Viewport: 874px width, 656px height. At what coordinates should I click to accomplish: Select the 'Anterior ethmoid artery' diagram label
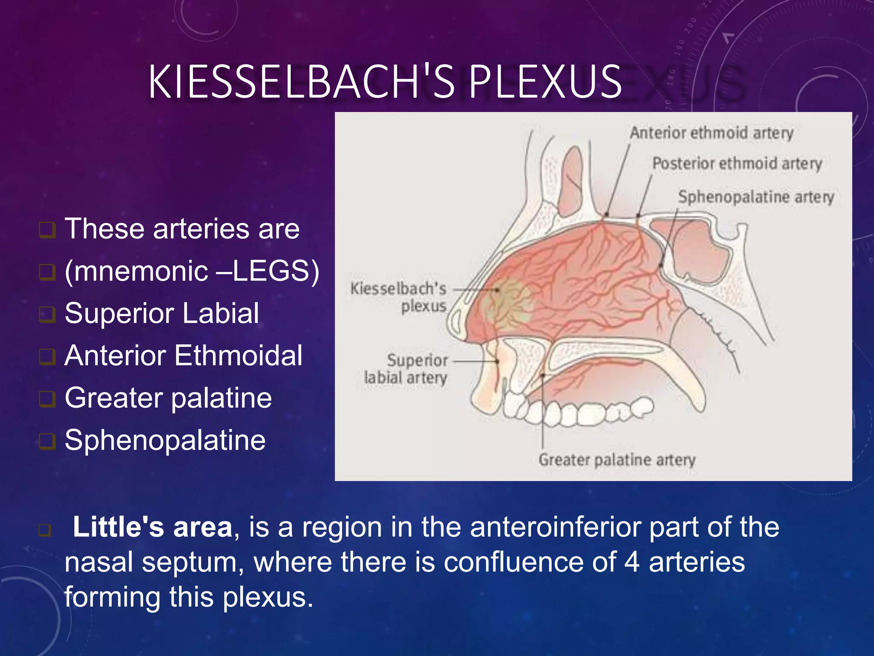[x=711, y=133]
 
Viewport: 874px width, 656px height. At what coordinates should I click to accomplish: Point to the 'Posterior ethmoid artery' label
[x=737, y=164]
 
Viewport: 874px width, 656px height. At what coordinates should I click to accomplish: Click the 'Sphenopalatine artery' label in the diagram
[x=756, y=197]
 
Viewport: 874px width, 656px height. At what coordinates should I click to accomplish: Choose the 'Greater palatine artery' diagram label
[x=617, y=460]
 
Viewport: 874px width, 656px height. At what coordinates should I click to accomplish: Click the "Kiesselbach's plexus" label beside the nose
[x=399, y=297]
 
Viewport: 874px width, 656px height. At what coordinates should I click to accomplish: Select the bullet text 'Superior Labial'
[x=162, y=313]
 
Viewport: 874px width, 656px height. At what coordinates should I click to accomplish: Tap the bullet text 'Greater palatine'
[x=168, y=398]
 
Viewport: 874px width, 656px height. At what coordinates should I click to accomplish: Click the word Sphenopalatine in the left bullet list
[x=165, y=440]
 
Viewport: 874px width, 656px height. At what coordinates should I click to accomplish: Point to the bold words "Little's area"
[x=152, y=527]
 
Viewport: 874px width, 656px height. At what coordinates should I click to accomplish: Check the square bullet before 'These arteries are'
[x=47, y=230]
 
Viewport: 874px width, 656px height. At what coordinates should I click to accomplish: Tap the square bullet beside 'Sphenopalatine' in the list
[x=47, y=441]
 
